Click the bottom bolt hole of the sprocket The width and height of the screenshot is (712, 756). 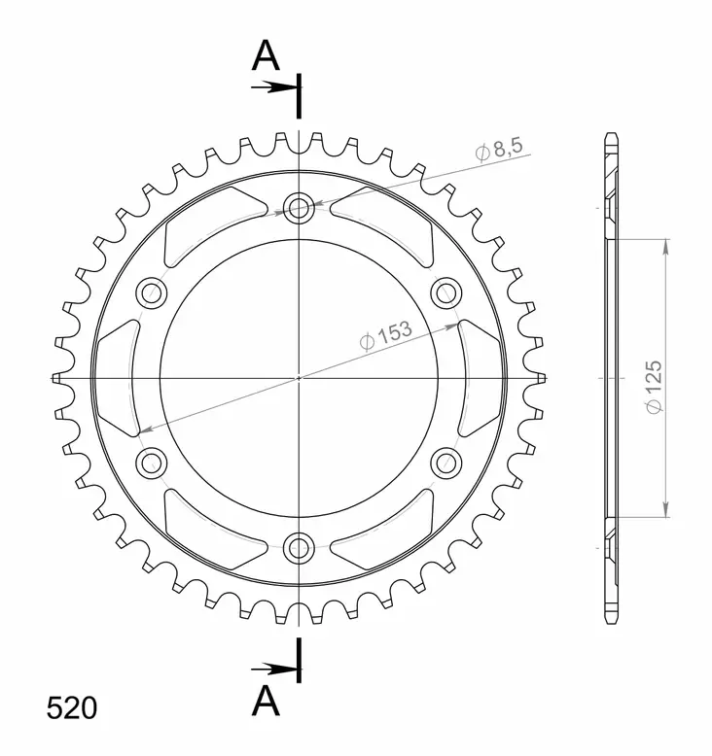(299, 547)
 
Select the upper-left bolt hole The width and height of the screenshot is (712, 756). (152, 291)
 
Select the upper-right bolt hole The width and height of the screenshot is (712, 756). (445, 291)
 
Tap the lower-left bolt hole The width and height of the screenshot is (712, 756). (152, 462)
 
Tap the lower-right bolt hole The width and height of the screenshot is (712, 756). (445, 462)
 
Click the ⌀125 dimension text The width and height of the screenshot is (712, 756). (653, 389)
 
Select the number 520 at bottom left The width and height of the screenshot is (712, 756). (71, 707)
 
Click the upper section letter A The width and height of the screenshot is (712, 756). (266, 57)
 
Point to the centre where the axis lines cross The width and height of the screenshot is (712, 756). (299, 377)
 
